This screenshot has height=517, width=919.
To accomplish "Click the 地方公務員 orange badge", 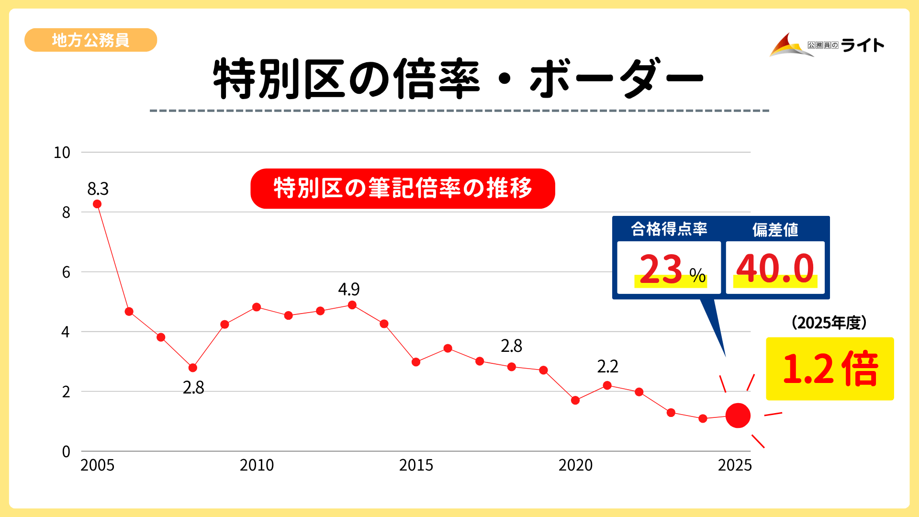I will tap(90, 40).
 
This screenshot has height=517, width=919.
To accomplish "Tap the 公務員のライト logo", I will tap(827, 45).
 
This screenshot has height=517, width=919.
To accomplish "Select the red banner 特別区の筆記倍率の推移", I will tap(403, 188).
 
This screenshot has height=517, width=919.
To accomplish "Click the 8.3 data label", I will tap(98, 189).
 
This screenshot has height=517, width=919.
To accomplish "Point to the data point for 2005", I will tap(97, 204).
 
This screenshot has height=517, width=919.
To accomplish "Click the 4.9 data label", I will tap(348, 289).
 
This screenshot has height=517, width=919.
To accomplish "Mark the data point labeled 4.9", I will tap(352, 305).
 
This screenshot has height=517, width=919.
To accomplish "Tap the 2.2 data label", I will tap(607, 367).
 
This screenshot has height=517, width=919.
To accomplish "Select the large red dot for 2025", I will tap(738, 416).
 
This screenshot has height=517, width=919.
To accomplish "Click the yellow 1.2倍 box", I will tap(829, 369).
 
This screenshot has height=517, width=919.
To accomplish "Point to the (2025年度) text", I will tap(829, 323).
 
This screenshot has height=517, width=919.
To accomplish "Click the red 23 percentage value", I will tap(661, 270).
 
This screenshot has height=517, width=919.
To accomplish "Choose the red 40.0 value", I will tap(775, 269).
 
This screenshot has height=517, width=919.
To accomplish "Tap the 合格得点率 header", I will tap(669, 229).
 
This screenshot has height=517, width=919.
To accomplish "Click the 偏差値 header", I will tap(775, 230).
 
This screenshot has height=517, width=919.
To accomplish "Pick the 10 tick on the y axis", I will tap(62, 153).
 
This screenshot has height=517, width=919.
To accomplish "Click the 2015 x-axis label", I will tap(416, 465).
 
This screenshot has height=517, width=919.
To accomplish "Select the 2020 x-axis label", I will tap(575, 465).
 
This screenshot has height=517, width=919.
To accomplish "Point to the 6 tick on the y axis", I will tap(66, 272).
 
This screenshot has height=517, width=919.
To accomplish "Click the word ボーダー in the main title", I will tap(616, 79).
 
